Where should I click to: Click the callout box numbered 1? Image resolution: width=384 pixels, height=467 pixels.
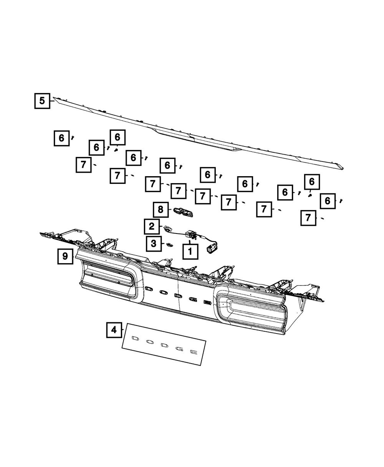pyautogui.click(x=190, y=252)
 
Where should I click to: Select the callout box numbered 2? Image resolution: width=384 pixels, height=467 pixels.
pyautogui.click(x=152, y=227)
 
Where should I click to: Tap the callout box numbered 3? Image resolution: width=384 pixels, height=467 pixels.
pyautogui.click(x=154, y=244)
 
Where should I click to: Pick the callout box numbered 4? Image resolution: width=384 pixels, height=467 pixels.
pyautogui.click(x=114, y=330)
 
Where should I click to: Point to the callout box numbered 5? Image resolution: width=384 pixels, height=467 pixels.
pyautogui.click(x=42, y=101)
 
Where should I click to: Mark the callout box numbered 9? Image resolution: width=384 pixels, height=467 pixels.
pyautogui.click(x=65, y=256)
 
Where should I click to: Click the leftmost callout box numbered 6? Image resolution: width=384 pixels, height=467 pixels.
pyautogui.click(x=61, y=138)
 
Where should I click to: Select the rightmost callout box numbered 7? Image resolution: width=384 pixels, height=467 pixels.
pyautogui.click(x=309, y=218)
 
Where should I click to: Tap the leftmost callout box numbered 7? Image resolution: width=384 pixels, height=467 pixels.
pyautogui.click(x=83, y=165)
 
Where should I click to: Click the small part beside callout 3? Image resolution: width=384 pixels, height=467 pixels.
pyautogui.click(x=169, y=244)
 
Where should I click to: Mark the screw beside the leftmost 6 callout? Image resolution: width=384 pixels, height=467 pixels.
pyautogui.click(x=72, y=137)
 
